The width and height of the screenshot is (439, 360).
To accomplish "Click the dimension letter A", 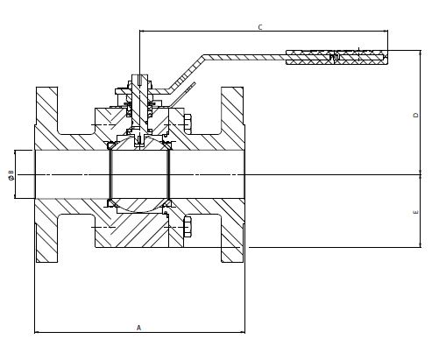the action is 138,328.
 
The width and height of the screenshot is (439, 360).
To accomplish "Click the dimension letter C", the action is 260,27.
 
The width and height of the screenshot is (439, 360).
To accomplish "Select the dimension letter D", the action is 416,115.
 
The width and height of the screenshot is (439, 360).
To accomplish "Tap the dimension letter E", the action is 416,212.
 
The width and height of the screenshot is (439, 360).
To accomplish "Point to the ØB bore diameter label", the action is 11,174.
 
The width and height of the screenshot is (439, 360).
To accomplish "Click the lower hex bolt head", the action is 188,227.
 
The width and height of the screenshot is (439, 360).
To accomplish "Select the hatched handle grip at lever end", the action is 336,57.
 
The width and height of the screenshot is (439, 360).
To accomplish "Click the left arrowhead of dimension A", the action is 37,332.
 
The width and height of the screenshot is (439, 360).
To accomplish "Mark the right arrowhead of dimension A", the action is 243,332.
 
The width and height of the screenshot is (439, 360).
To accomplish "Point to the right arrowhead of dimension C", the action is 386,31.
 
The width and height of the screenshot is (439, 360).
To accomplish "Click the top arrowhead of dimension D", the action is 421,53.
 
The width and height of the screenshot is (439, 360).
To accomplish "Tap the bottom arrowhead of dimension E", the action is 421,245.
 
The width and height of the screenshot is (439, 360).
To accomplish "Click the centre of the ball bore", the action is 139,174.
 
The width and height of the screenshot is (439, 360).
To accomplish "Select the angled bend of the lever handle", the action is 186,74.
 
